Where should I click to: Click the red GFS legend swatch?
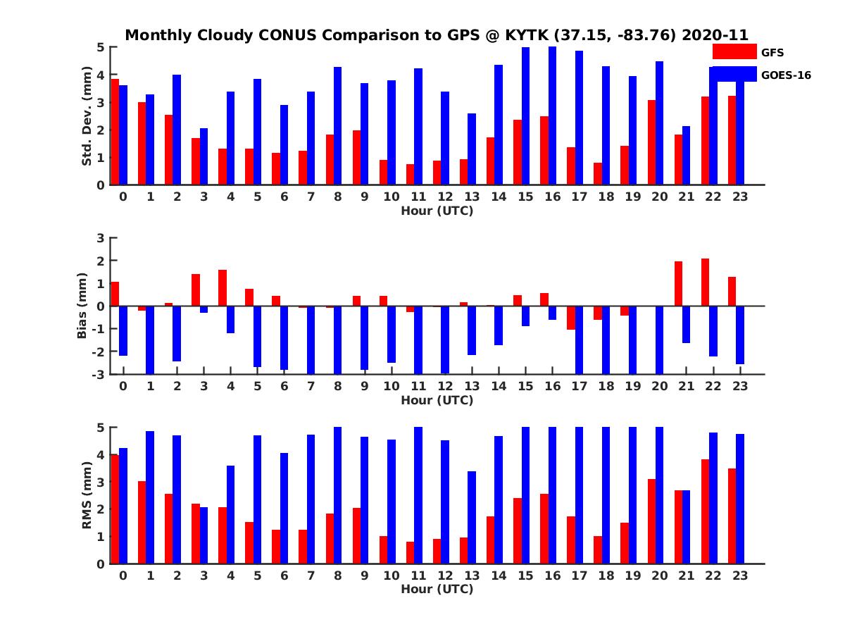click(734, 51)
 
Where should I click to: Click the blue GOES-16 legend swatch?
click(734, 74)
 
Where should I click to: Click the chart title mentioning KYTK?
click(437, 35)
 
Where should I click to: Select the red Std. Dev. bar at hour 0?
click(115, 132)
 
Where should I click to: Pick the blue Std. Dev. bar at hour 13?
click(472, 149)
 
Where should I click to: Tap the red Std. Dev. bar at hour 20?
click(651, 142)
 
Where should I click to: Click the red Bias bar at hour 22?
click(705, 282)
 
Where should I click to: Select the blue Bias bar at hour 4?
click(230, 319)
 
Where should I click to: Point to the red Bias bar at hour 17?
click(571, 318)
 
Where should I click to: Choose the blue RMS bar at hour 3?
click(204, 535)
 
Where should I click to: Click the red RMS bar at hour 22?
click(705, 511)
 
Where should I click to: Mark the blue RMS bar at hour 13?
click(472, 517)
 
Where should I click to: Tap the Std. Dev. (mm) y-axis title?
click(87, 116)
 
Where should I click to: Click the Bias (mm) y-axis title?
click(82, 306)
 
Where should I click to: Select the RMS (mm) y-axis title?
click(87, 495)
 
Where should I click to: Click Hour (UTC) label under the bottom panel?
click(437, 589)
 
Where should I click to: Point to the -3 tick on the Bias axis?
click(99, 374)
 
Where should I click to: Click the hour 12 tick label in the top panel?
click(445, 197)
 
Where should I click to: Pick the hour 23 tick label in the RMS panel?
click(739, 576)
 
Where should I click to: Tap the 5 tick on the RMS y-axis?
click(101, 428)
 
